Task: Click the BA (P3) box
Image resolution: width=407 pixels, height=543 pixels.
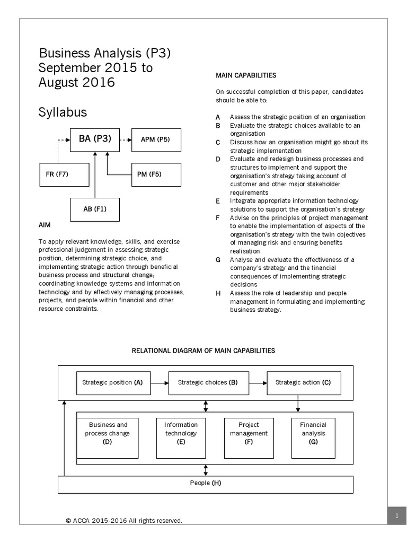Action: (95, 139)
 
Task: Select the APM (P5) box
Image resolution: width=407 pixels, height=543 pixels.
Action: (155, 140)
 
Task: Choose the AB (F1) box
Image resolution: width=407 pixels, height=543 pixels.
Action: (95, 208)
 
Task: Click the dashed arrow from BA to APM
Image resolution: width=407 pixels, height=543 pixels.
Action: (125, 140)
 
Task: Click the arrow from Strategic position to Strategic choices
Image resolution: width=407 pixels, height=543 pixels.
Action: (160, 382)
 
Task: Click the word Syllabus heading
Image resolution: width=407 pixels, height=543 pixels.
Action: (63, 112)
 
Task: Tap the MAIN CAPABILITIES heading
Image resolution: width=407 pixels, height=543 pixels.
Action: (245, 76)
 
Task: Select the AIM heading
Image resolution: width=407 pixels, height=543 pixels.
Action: (45, 225)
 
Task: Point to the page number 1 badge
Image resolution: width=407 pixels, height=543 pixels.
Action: (396, 515)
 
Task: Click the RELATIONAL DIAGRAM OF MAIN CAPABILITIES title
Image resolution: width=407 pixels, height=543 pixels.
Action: (203, 351)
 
